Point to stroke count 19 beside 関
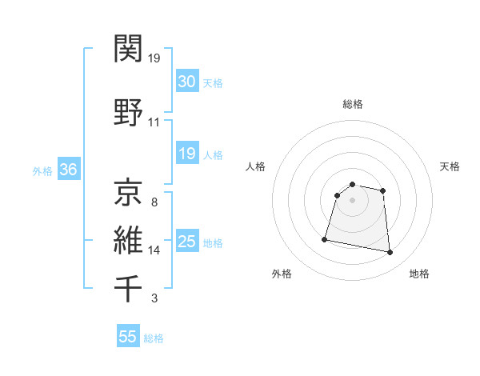click(x=154, y=58)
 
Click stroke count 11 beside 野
click(x=154, y=122)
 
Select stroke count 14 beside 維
click(x=154, y=250)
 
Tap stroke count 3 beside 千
click(x=154, y=299)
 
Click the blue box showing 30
click(x=186, y=81)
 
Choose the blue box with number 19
click(x=186, y=154)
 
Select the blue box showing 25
click(x=186, y=242)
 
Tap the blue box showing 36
click(x=68, y=170)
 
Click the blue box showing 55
click(x=128, y=337)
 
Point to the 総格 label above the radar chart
click(x=352, y=104)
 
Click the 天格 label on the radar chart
click(x=450, y=166)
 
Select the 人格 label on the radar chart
click(x=255, y=166)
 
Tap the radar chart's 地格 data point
click(x=390, y=253)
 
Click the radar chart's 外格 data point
click(x=325, y=238)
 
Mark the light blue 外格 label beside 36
click(x=42, y=170)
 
